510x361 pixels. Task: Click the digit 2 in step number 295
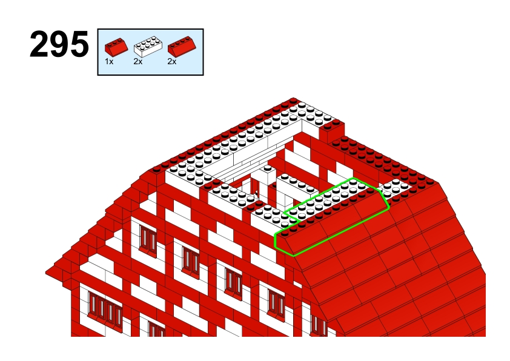pyautogui.click(x=39, y=44)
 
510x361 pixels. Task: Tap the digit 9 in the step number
pyautogui.click(x=59, y=44)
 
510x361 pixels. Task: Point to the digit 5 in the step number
pyautogui.click(x=79, y=44)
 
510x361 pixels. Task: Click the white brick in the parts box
pyautogui.click(x=148, y=47)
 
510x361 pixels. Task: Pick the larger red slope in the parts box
pyautogui.click(x=182, y=46)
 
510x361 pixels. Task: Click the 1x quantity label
pyautogui.click(x=109, y=61)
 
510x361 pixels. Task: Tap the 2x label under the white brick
pyautogui.click(x=138, y=61)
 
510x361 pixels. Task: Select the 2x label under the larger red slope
pyautogui.click(x=172, y=61)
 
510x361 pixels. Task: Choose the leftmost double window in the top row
pyautogui.click(x=148, y=239)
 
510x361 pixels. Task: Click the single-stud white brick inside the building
pyautogui.click(x=267, y=175)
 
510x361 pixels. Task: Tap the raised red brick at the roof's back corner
pyautogui.click(x=331, y=131)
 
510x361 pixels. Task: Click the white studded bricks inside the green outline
pyautogui.click(x=328, y=199)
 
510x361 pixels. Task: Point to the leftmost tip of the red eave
pyautogui.click(x=46, y=272)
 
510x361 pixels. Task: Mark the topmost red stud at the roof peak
pyautogui.click(x=293, y=100)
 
